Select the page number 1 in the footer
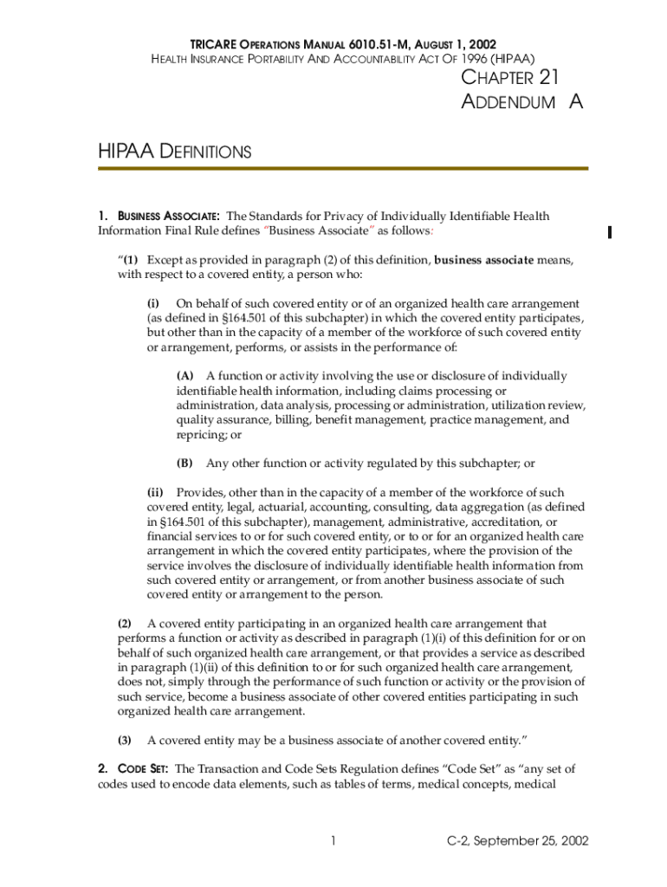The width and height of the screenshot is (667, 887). coord(333,840)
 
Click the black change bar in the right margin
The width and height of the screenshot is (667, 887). coord(610,231)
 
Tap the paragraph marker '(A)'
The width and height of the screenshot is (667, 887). coord(185,376)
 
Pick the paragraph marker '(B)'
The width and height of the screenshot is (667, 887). coord(185,463)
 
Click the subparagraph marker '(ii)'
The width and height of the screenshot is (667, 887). coord(155,492)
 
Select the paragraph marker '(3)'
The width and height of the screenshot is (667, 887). coord(125,740)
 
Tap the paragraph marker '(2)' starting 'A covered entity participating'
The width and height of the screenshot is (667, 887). coord(125,623)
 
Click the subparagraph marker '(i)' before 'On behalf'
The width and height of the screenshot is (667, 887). coord(153,303)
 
